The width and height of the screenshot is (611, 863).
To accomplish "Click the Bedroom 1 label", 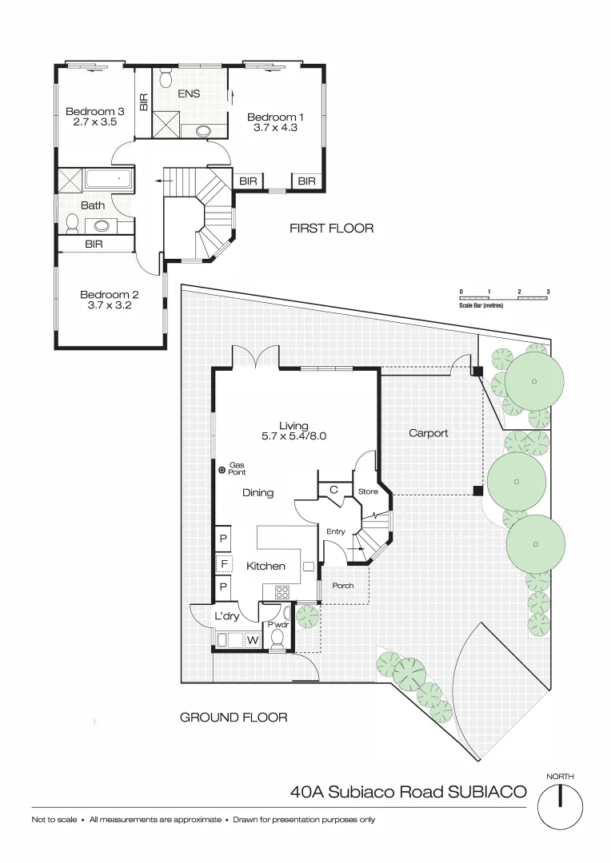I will pyautogui.click(x=275, y=117).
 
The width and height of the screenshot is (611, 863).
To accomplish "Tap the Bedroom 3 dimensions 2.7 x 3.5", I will pyautogui.click(x=90, y=122).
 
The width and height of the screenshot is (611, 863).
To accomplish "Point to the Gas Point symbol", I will pyautogui.click(x=222, y=471).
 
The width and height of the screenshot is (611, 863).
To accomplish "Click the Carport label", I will pyautogui.click(x=428, y=433).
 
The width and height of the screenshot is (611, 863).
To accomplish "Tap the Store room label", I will pyautogui.click(x=367, y=491).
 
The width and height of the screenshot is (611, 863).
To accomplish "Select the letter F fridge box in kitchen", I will pyautogui.click(x=224, y=564).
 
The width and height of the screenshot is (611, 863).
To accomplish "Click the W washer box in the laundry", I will pyautogui.click(x=252, y=639).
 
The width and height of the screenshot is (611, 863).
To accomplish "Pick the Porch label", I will pyautogui.click(x=343, y=586).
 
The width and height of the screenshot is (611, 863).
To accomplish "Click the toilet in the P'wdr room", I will pyautogui.click(x=278, y=638).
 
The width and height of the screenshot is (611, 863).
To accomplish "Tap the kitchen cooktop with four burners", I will pyautogui.click(x=282, y=592).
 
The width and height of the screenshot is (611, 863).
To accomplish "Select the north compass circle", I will pyautogui.click(x=560, y=805).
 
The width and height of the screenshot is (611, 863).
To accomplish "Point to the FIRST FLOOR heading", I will pyautogui.click(x=331, y=229).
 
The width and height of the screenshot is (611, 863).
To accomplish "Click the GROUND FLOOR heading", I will pyautogui.click(x=233, y=718).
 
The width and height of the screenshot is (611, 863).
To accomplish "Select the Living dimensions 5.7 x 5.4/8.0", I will pyautogui.click(x=294, y=437).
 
